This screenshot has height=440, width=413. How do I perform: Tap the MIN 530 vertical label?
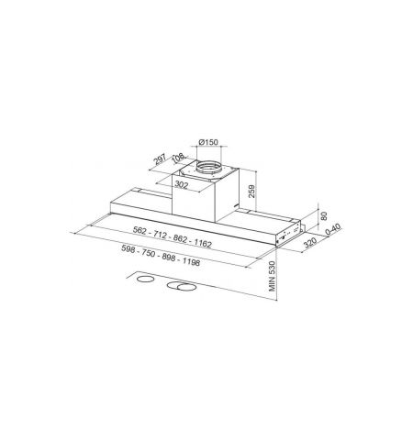pos(273,272)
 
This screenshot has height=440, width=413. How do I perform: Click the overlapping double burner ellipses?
pos(182,289)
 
